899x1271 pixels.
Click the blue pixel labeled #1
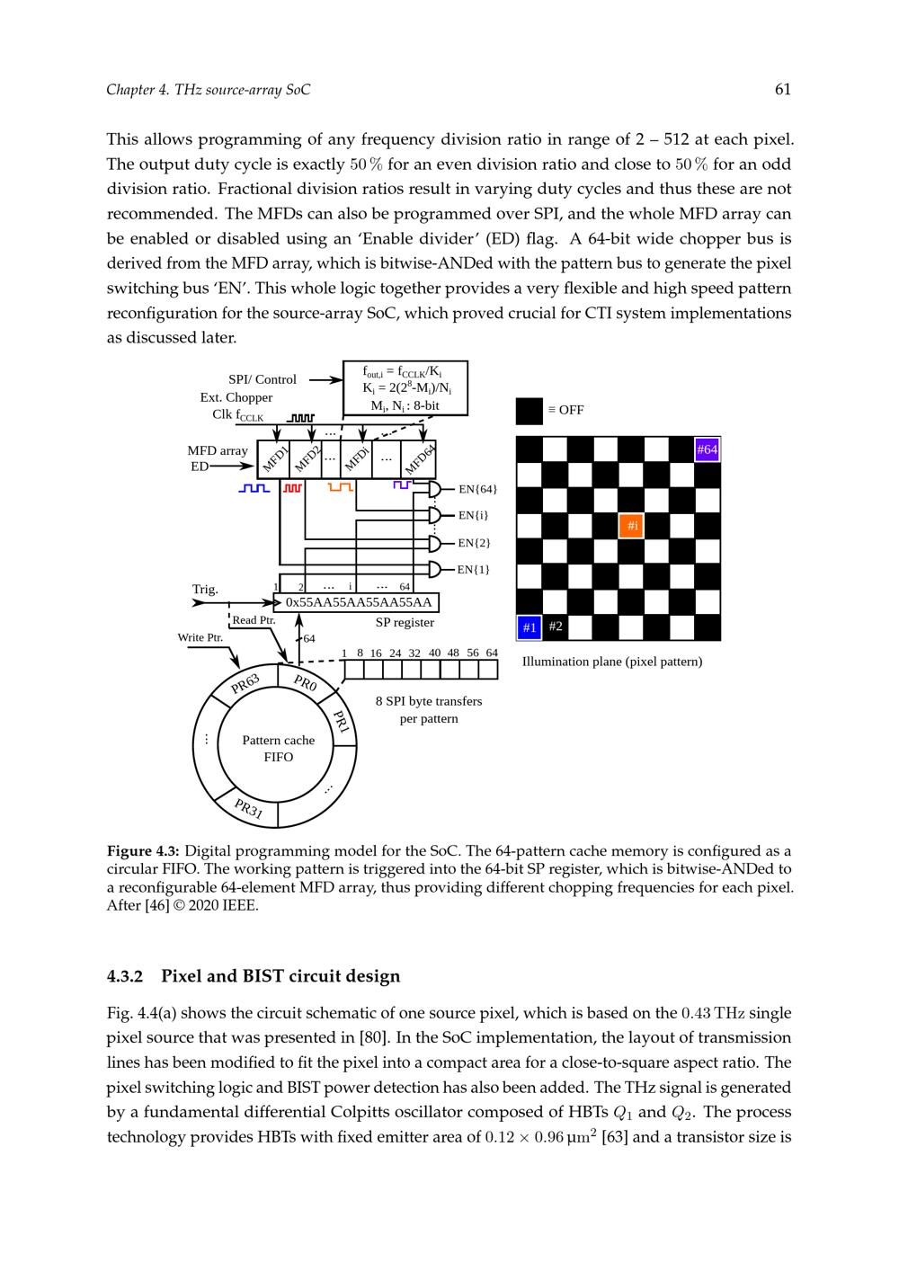(530, 627)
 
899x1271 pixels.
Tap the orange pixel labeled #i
(632, 525)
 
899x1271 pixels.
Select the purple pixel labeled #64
(708, 449)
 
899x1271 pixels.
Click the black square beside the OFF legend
(529, 411)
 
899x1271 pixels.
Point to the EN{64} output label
(477, 490)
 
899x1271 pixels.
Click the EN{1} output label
(473, 569)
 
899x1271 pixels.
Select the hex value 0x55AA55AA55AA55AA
(359, 602)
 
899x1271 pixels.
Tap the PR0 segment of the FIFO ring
(306, 683)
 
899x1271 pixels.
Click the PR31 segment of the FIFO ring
(248, 808)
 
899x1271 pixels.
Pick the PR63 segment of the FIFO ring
(245, 684)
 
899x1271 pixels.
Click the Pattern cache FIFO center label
(279, 748)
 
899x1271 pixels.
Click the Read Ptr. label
(254, 620)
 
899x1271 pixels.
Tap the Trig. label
(205, 590)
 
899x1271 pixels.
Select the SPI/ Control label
(262, 379)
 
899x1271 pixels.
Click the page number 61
(782, 89)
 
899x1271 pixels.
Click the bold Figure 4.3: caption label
(143, 850)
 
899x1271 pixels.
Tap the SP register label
(405, 622)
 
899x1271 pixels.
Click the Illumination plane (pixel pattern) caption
(612, 662)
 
